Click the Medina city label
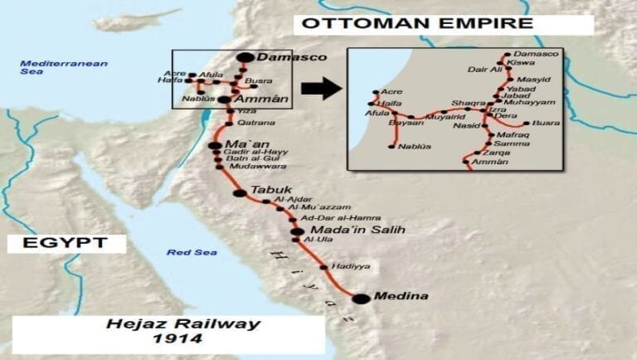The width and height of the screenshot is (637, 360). (403, 296)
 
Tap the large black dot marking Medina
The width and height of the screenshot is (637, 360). (360, 299)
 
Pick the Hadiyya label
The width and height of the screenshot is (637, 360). (349, 265)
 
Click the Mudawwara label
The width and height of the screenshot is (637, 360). (252, 166)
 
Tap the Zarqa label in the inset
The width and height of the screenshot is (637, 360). (508, 153)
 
